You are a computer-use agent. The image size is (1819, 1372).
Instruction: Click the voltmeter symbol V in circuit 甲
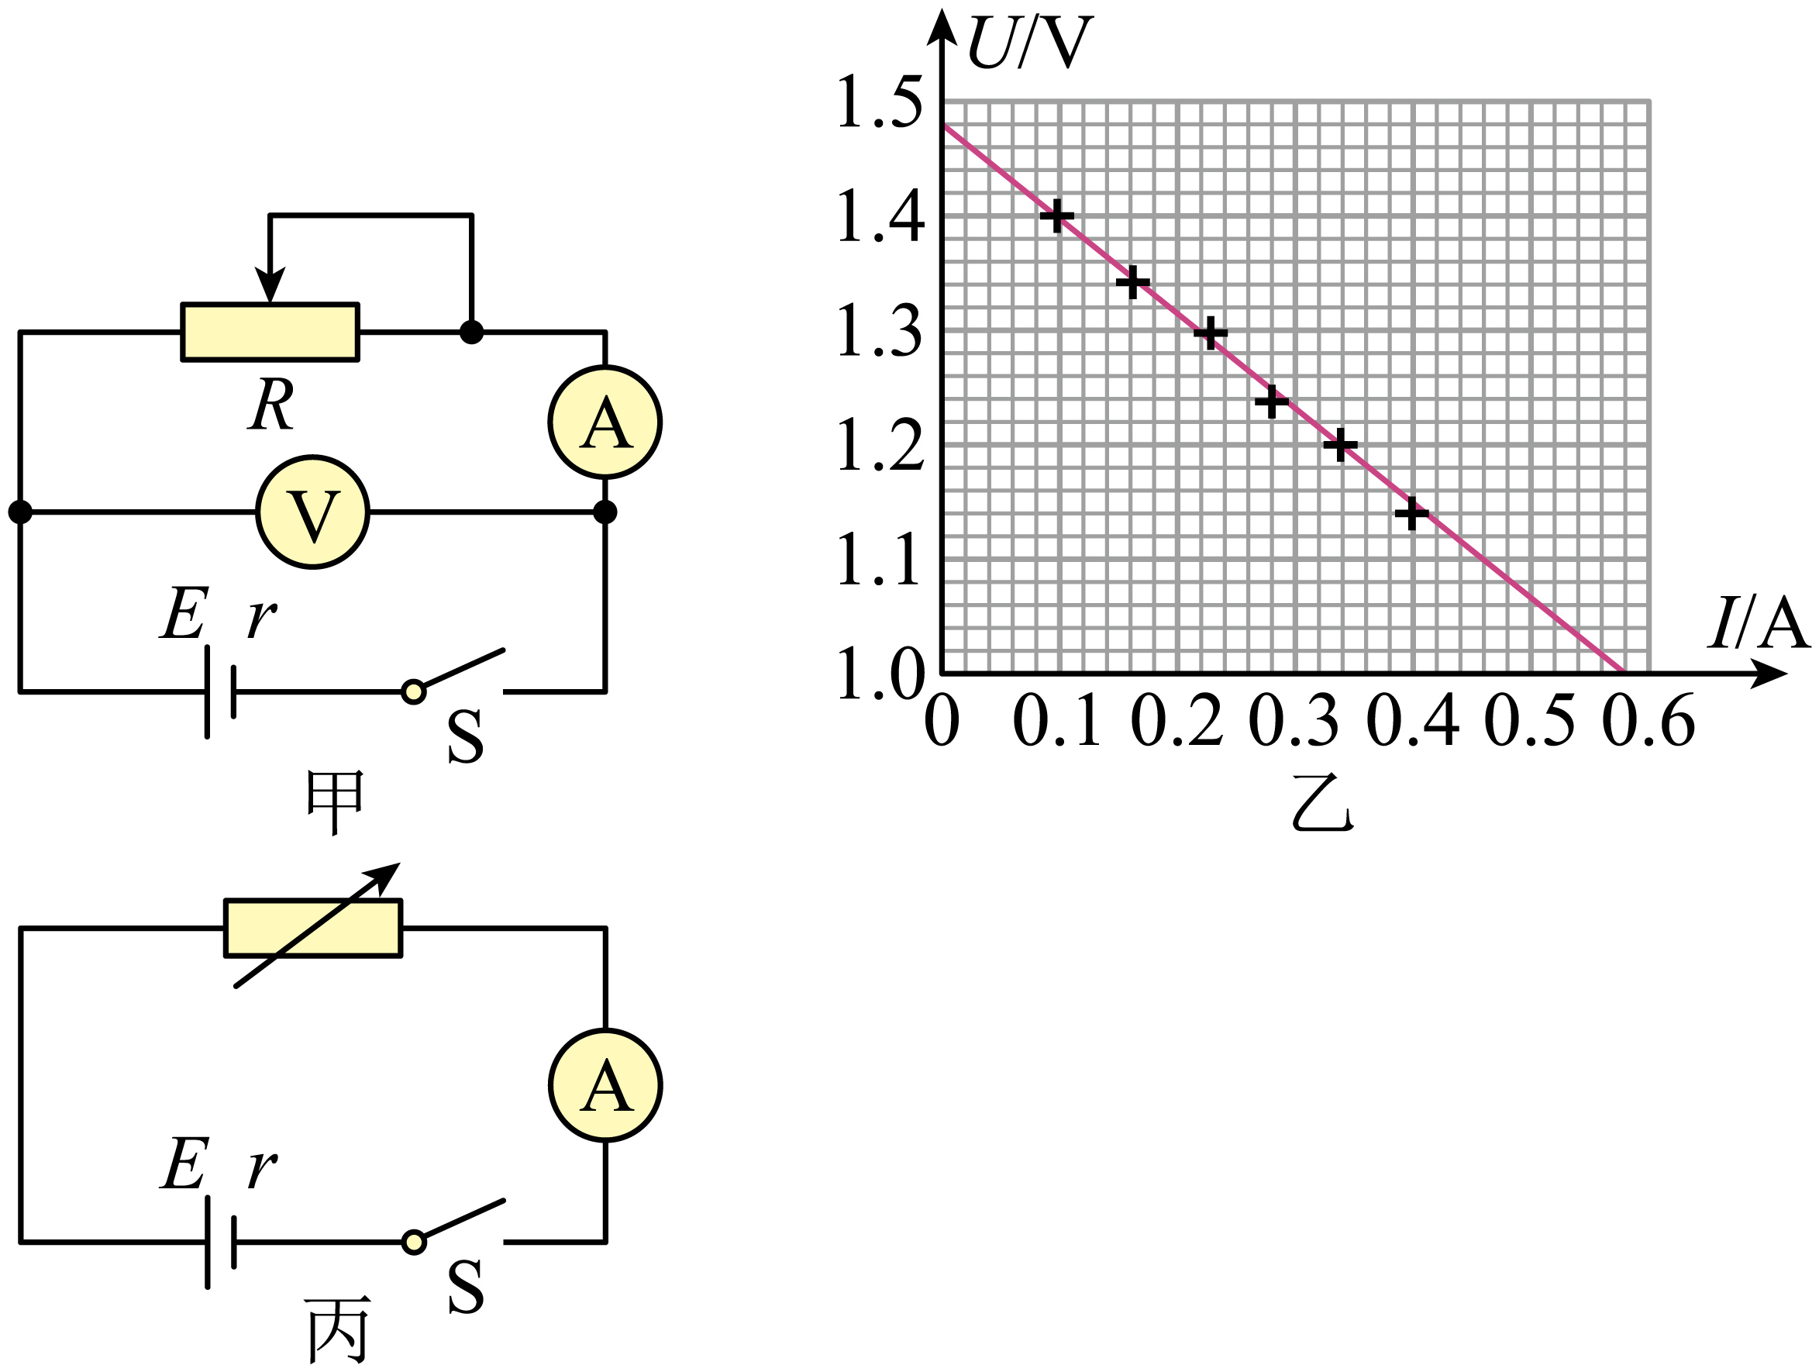312,512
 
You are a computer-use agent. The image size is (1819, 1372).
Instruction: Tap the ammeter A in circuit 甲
605,422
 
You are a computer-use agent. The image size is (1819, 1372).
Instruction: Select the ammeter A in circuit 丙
605,1086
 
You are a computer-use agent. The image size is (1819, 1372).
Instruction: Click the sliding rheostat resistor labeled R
270,333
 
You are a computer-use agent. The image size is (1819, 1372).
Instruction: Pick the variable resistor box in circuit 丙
313,929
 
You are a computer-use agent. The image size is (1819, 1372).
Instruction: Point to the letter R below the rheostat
270,405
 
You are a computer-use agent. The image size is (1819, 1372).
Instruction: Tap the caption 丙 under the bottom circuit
337,1330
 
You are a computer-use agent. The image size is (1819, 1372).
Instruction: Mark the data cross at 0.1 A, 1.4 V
1056,216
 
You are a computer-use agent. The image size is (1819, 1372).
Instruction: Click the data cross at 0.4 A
1412,514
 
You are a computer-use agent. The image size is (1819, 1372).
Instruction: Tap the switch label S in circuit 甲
466,736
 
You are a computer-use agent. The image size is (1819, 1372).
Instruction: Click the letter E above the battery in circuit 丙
184,1164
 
